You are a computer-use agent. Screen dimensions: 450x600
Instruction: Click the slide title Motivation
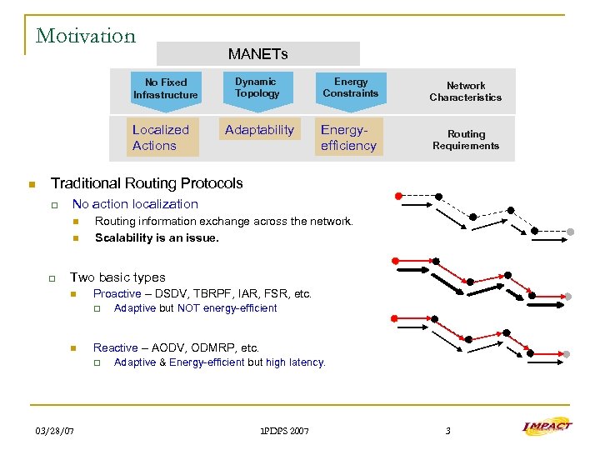point(85,36)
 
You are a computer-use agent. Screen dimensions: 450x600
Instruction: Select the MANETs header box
point(257,54)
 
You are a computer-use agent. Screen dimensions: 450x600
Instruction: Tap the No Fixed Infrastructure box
point(166,88)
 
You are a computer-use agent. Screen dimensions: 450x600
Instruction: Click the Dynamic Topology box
point(257,87)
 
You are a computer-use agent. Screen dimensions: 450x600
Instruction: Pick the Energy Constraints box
point(350,87)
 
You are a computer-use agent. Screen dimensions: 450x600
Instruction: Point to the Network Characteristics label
point(465,92)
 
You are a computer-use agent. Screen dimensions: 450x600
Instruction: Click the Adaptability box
point(259,130)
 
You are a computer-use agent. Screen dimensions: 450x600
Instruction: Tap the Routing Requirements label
point(465,140)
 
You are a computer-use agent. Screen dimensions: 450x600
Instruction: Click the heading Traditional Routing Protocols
point(147,183)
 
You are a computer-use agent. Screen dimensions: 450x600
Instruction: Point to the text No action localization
point(135,204)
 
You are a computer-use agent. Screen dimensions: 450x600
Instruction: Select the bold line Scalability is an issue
point(157,237)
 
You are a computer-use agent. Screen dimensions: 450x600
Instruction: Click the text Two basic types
point(117,277)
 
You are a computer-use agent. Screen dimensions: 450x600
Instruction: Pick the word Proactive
point(117,294)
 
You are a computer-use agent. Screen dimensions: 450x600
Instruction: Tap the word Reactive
point(115,347)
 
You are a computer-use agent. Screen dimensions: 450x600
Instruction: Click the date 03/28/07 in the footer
point(54,430)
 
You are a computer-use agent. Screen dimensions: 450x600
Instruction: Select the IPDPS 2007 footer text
point(284,431)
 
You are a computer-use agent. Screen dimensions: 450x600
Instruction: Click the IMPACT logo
point(547,427)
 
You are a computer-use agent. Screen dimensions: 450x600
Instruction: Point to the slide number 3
point(447,431)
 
